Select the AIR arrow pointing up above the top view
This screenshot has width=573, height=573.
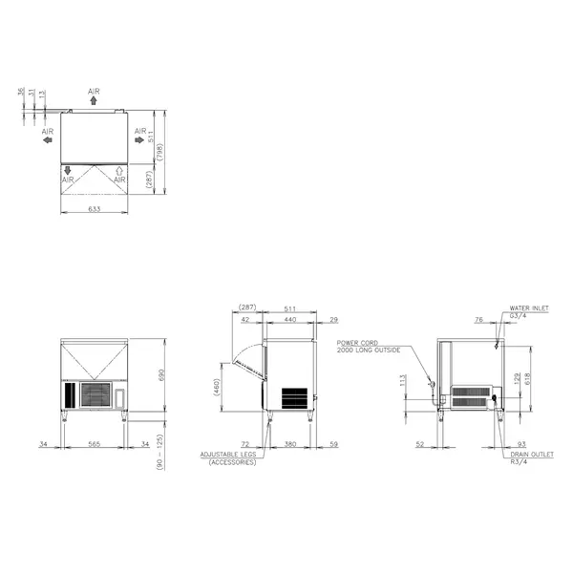coord(93,99)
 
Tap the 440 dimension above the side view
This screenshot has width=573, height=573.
coord(289,320)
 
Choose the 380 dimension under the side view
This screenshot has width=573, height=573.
coord(289,443)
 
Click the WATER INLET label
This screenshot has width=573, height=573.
coord(527,309)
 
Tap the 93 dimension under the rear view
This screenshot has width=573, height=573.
coord(520,443)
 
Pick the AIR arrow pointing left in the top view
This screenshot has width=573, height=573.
coord(48,139)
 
